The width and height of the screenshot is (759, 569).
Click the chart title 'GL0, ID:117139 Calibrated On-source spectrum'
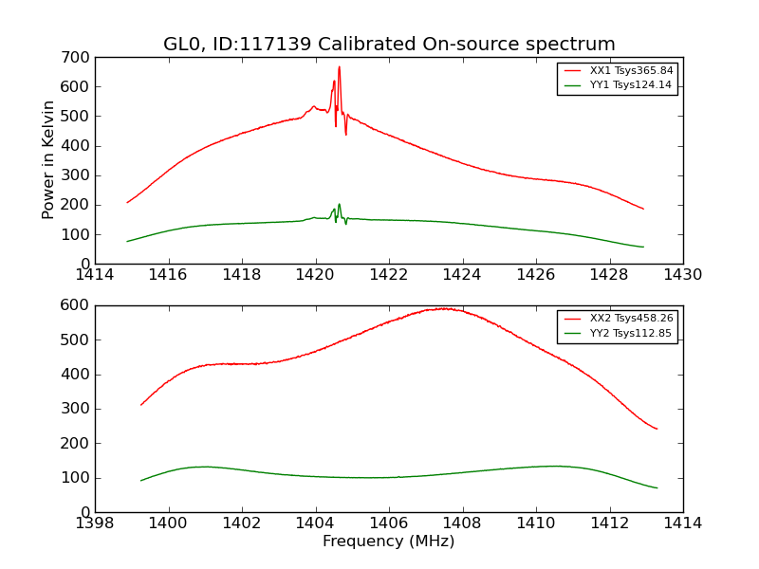(x=389, y=45)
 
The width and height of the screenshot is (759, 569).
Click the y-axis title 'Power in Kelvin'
(x=48, y=160)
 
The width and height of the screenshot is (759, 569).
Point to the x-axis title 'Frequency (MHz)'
(x=389, y=541)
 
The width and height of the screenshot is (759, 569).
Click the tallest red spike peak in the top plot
(x=339, y=66)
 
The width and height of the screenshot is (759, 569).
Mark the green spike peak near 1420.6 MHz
(x=339, y=203)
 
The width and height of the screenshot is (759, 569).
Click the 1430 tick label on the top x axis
(x=682, y=275)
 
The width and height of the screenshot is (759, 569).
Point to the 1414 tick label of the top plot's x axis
(x=95, y=275)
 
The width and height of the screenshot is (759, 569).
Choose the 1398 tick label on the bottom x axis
(x=95, y=523)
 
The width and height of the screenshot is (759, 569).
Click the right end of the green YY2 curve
(x=657, y=488)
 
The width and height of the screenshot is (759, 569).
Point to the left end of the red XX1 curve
(x=127, y=202)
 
